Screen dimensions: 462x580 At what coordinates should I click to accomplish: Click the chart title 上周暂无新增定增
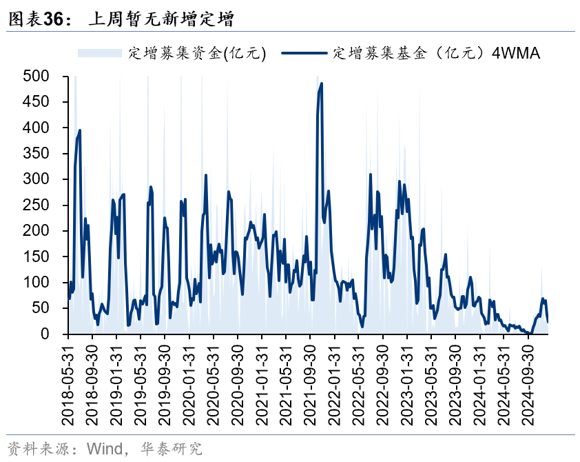pyautogui.click(x=161, y=20)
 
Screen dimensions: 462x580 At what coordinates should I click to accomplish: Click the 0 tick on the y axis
pyautogui.click(x=45, y=334)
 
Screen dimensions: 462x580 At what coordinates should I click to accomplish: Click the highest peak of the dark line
pyautogui.click(x=322, y=83)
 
